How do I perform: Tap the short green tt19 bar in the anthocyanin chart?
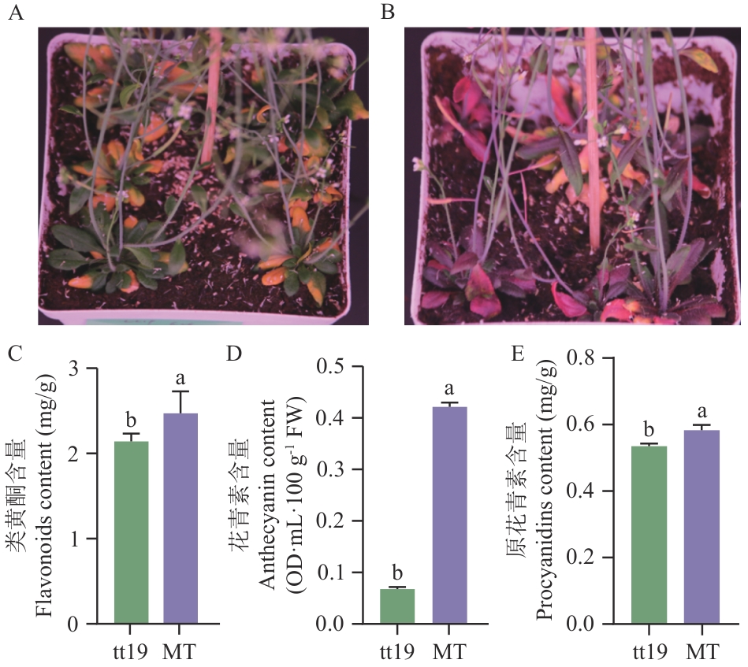coord(397,606)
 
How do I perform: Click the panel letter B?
coord(387,13)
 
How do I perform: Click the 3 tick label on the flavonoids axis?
coord(73,369)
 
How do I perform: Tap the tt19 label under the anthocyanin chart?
coord(396,652)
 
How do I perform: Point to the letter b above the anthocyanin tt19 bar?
coord(397,571)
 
